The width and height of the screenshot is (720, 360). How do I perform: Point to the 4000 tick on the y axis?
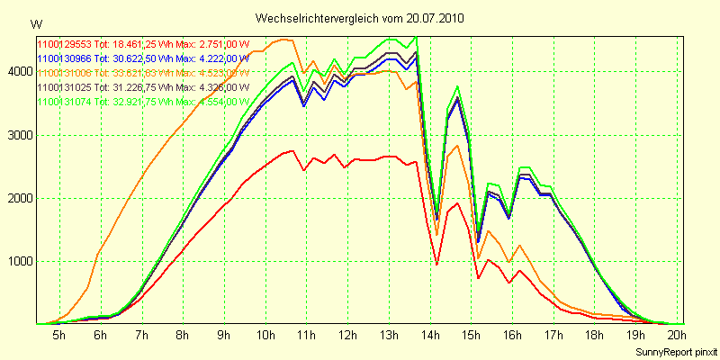(19, 72)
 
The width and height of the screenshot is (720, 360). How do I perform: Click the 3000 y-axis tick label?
(19, 135)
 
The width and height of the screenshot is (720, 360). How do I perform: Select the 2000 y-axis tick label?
(19, 198)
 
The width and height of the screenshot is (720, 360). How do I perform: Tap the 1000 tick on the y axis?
(19, 261)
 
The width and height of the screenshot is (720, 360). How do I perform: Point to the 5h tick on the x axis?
(58, 336)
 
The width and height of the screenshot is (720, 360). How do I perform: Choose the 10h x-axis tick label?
(265, 336)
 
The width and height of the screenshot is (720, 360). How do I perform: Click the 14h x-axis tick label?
(431, 336)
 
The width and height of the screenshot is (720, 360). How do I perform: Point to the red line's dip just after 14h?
(436, 264)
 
